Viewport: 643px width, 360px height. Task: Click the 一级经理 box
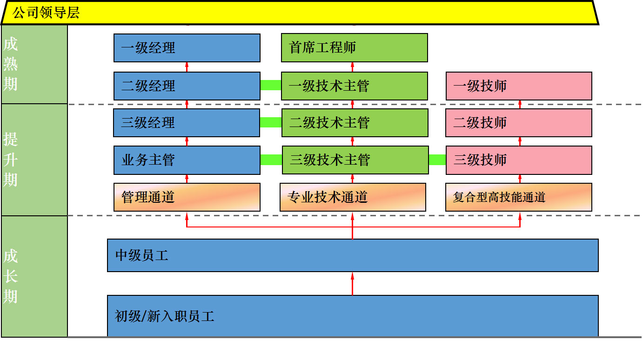tap(187, 48)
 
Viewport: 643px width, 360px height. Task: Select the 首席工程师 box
tap(354, 48)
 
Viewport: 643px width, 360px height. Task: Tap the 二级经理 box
tap(187, 86)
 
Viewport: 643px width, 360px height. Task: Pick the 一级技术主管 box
tap(354, 86)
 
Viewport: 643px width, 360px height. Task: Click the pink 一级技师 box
tap(519, 86)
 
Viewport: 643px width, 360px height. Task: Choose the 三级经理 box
tap(187, 123)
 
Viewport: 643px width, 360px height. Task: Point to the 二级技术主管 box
tap(355, 123)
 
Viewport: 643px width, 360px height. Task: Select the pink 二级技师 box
tap(519, 123)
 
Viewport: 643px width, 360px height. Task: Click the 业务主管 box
tap(187, 160)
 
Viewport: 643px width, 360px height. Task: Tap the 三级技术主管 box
tap(355, 160)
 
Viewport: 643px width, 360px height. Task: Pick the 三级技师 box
tap(519, 160)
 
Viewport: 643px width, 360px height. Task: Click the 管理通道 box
tap(187, 197)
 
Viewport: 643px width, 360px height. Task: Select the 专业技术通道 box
tap(353, 197)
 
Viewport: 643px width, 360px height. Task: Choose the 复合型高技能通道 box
tap(519, 197)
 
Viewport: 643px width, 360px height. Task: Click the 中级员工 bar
tap(353, 255)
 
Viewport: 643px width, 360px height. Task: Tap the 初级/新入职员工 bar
tap(353, 316)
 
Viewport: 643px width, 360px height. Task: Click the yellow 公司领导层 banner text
tap(46, 13)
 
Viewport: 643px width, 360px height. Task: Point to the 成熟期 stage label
tap(11, 64)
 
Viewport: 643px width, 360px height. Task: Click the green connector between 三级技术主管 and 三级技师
tap(437, 160)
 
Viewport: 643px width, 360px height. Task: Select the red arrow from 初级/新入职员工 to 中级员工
tap(352, 283)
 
